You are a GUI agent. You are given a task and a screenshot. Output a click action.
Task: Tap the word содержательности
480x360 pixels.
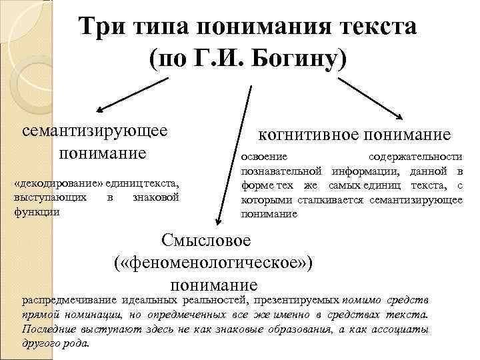pos(415,157)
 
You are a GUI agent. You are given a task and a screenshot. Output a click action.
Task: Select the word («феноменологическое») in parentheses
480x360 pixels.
pos(213,263)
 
